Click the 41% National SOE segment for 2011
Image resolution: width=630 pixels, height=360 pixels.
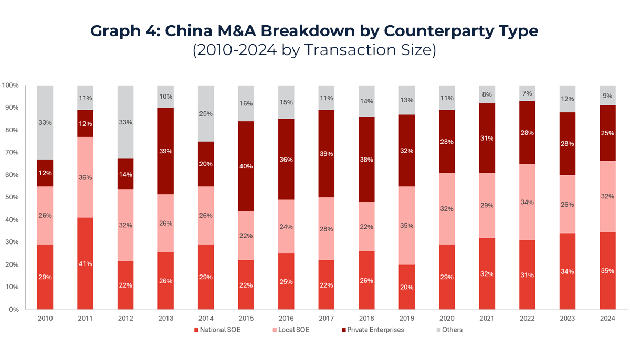[85, 263]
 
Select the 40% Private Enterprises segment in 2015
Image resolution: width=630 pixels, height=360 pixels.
[246, 166]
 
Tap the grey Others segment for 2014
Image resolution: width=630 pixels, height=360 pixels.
[206, 114]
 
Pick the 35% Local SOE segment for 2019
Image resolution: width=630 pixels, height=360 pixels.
[406, 226]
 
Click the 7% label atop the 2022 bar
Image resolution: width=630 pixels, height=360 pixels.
[527, 93]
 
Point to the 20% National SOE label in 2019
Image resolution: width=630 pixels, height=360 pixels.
[406, 287]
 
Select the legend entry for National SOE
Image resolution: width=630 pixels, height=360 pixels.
[216, 330]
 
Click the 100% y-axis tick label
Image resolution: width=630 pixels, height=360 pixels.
[10, 85]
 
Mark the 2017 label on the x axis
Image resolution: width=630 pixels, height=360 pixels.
[326, 318]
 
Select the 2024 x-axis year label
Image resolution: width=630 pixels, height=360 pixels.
[607, 318]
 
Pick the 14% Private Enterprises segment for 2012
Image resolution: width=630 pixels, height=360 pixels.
[125, 174]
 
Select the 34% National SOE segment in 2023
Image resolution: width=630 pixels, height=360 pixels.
[567, 271]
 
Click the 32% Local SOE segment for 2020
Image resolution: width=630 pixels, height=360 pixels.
[447, 209]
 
